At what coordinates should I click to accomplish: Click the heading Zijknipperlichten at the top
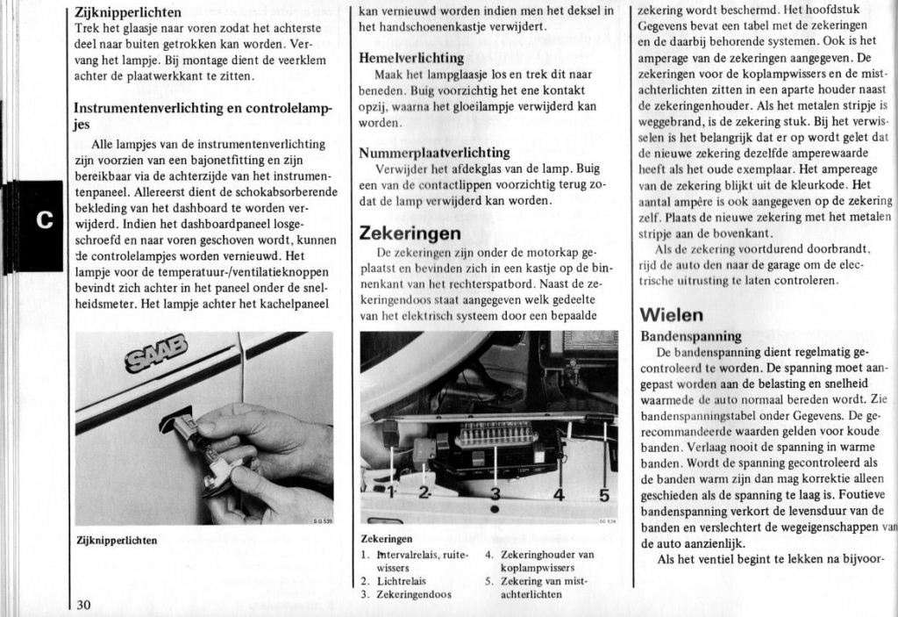tap(128, 12)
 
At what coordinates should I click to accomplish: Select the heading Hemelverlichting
tap(411, 58)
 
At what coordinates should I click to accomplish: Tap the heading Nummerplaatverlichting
tap(434, 153)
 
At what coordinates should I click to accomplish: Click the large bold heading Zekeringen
tap(410, 233)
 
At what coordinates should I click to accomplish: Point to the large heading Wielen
tap(672, 314)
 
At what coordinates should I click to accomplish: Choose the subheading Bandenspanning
tap(691, 336)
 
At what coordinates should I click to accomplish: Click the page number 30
tap(83, 605)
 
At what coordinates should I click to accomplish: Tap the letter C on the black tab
tap(43, 219)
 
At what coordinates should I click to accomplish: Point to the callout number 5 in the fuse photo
tap(603, 495)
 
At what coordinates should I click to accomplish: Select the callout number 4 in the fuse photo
tap(559, 495)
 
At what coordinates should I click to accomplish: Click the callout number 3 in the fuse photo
tap(495, 493)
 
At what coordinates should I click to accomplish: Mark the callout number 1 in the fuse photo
tap(390, 492)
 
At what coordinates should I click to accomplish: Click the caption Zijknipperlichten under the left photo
tap(117, 541)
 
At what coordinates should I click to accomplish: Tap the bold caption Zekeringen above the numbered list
tap(387, 539)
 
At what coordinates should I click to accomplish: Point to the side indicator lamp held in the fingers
tap(200, 448)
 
